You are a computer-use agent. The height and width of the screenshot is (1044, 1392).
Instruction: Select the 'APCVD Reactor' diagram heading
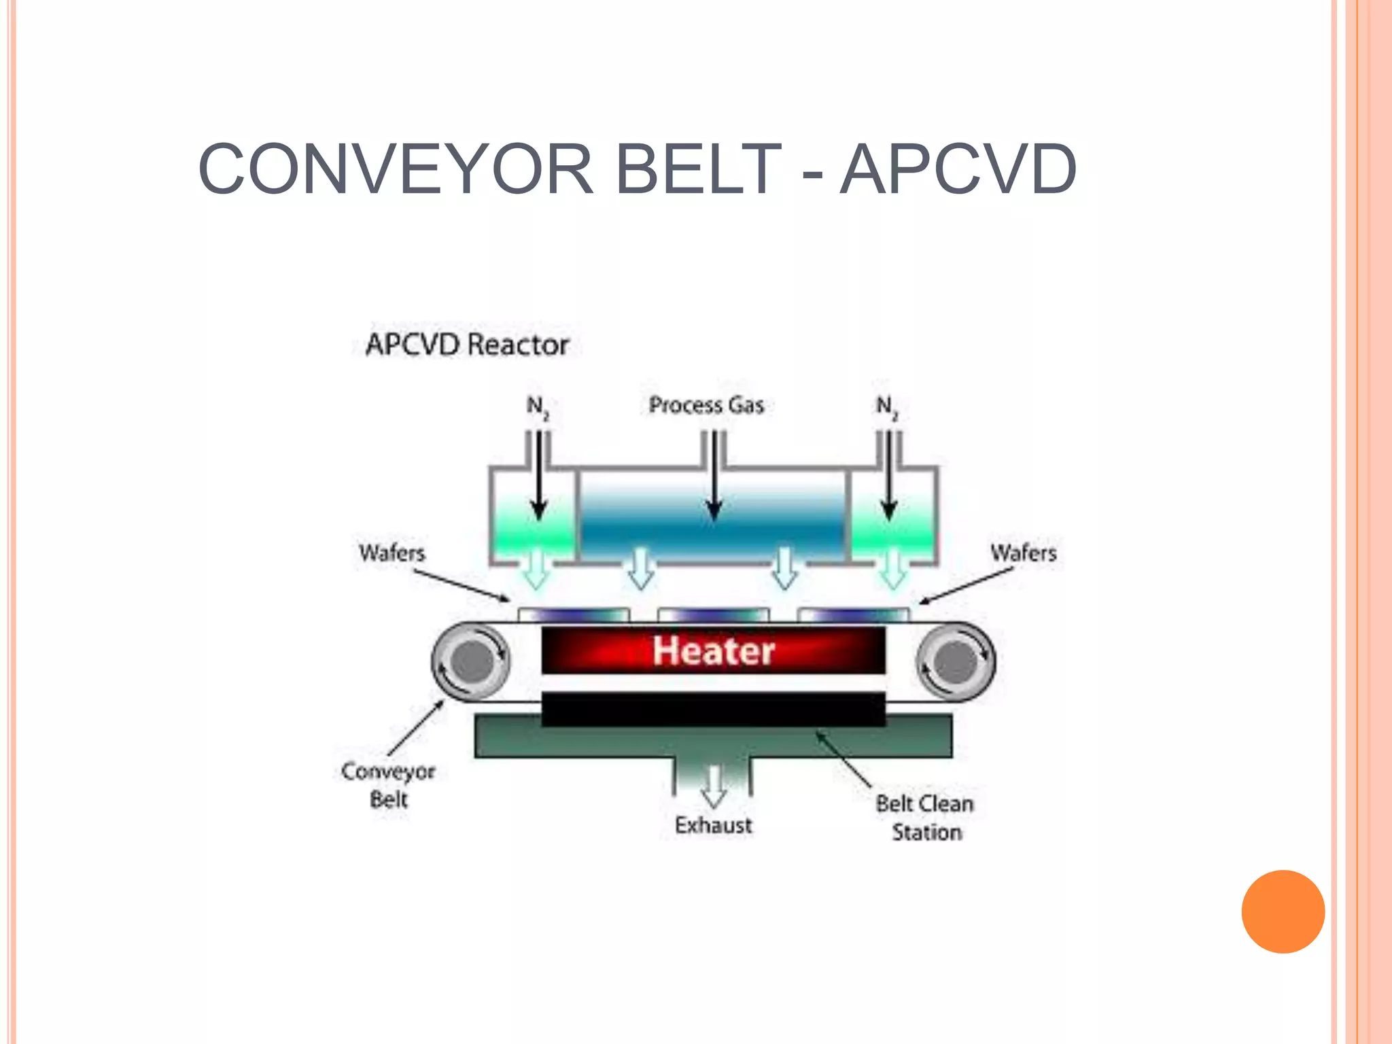coord(467,345)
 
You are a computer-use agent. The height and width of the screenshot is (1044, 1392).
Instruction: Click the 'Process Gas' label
coord(706,405)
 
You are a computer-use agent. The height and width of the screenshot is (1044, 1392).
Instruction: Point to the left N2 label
coord(537,406)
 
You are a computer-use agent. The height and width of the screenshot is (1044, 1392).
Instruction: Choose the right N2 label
coord(886,406)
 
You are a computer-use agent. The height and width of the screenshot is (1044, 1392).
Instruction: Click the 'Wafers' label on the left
coord(391,553)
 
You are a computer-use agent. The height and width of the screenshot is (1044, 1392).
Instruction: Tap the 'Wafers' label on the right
coord(1023,553)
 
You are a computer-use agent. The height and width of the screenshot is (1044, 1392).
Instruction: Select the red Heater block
coord(713,650)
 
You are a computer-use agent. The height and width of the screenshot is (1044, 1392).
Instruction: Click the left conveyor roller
coord(472,661)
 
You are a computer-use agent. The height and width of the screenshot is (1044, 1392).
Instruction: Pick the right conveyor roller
coord(955,661)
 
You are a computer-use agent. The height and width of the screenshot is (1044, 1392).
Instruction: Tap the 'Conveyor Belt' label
coord(388,785)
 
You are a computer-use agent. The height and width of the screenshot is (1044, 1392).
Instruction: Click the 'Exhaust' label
coord(713,825)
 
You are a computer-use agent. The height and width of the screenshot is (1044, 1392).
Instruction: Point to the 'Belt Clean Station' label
coord(925,818)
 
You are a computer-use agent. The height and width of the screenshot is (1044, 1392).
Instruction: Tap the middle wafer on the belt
coord(713,614)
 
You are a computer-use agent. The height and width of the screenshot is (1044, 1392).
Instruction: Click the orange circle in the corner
coord(1283,911)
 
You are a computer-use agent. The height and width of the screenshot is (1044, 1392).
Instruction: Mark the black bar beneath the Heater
coord(713,709)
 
